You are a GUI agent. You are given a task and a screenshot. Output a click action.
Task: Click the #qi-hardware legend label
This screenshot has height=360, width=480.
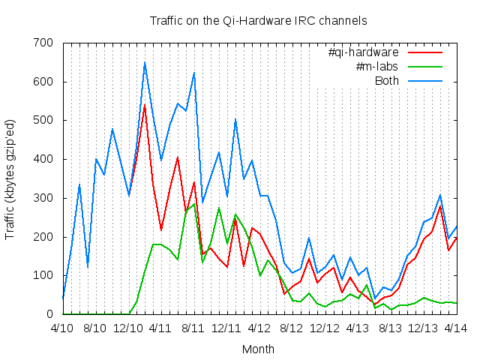click(363, 52)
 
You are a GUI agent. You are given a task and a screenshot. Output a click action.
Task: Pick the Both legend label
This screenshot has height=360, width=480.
click(387, 80)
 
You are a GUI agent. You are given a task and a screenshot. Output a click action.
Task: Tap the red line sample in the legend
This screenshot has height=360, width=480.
click(425, 52)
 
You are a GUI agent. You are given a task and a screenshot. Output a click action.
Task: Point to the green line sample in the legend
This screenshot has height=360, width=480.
click(425, 67)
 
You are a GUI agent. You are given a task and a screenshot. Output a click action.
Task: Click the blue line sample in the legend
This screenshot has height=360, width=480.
click(425, 80)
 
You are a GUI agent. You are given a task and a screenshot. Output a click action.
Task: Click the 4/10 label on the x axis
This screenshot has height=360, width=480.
click(62, 328)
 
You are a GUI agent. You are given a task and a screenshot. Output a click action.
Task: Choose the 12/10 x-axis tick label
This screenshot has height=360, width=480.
click(128, 328)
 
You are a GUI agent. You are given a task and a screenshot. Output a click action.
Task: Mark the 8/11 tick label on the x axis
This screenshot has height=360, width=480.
click(193, 328)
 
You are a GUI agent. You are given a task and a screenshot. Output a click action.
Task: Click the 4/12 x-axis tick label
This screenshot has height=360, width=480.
click(259, 328)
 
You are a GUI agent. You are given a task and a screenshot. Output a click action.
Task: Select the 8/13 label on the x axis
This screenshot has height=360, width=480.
click(391, 328)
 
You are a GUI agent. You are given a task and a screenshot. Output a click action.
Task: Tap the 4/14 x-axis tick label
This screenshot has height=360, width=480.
click(457, 328)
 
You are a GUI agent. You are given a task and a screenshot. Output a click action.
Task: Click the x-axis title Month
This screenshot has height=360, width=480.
click(258, 349)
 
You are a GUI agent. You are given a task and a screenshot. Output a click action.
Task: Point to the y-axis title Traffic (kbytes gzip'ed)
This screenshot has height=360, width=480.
click(10, 178)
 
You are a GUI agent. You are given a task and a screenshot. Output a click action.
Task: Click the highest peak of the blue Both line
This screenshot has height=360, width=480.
click(145, 62)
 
